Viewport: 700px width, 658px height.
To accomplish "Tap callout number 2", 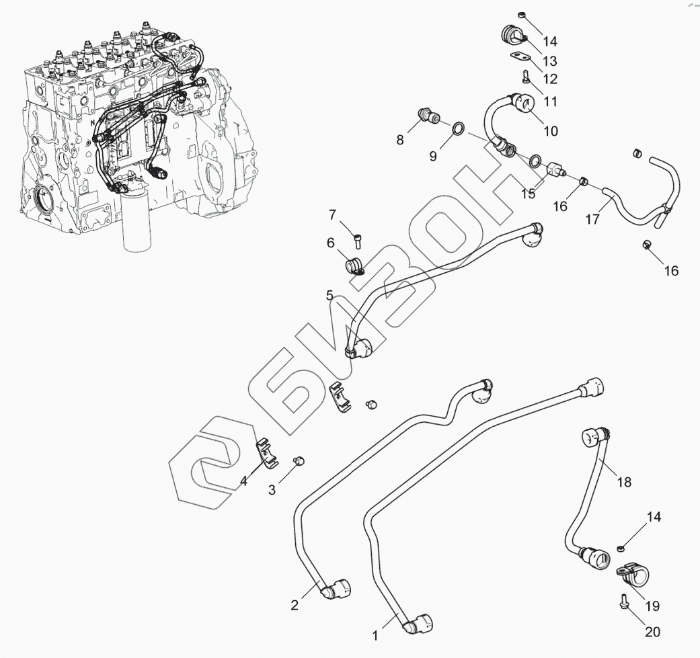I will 295,605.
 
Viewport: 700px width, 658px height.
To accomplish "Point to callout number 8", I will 400,140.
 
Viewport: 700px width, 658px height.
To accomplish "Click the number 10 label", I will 551,132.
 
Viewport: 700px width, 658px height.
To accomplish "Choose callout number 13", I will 550,60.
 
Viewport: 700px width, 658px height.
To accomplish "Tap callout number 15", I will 529,194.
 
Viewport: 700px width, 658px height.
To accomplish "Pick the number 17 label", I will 592,218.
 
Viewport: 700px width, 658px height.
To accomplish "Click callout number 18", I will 624,481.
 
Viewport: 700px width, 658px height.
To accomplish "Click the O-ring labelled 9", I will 458,128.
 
